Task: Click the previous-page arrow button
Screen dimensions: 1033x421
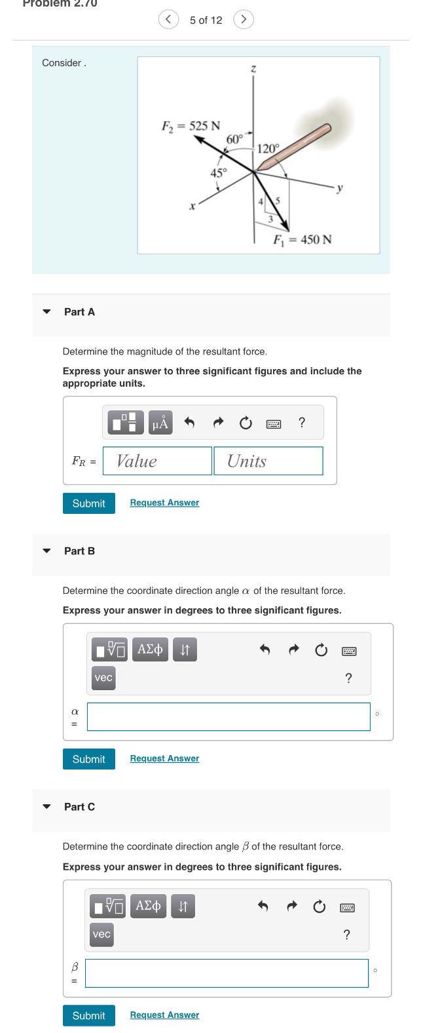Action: (168, 20)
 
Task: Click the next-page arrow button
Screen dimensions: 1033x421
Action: (244, 20)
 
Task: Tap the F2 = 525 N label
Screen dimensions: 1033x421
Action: (191, 126)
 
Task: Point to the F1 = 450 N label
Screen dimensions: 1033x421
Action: (302, 239)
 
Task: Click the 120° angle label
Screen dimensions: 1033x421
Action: (268, 149)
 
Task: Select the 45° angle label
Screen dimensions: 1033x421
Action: (218, 173)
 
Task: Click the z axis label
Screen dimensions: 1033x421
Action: (253, 69)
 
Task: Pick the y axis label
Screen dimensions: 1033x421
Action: (339, 188)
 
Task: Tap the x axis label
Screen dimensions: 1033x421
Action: (192, 206)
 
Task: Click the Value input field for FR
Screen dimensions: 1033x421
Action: (157, 461)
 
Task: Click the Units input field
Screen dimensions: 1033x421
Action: (268, 461)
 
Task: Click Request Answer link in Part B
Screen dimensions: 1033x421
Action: (164, 758)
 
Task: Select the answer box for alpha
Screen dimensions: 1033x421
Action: (229, 716)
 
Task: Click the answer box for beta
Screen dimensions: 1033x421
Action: (227, 973)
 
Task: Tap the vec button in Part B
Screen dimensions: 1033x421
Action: (103, 678)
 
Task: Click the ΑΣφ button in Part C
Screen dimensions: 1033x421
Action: (149, 906)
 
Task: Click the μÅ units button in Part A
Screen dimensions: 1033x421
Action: (160, 423)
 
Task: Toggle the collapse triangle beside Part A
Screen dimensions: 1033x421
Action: (46, 312)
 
